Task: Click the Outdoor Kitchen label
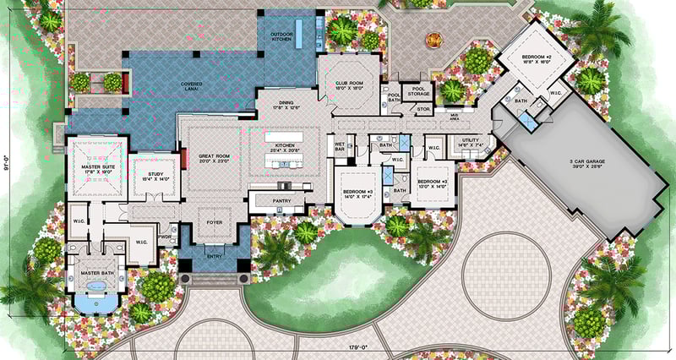[281, 36]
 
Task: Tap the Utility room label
[471, 143]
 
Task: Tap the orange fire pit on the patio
[435, 37]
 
